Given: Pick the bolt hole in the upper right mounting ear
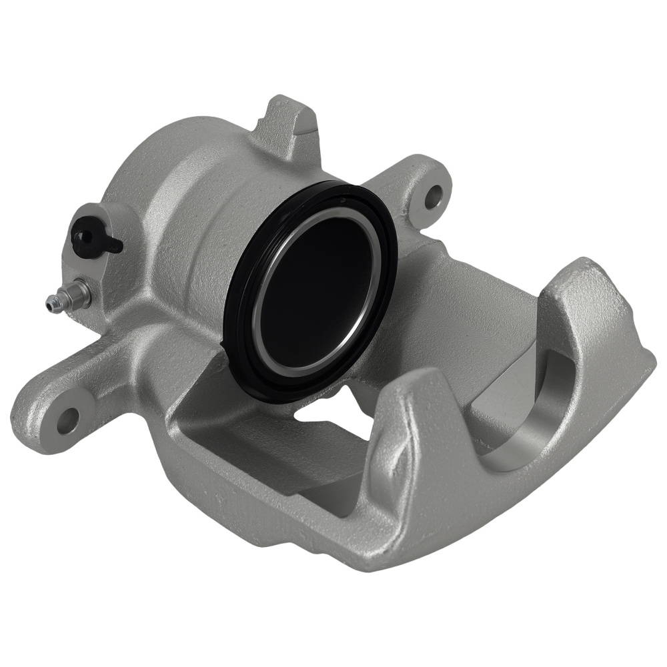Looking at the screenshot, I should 434,195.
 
